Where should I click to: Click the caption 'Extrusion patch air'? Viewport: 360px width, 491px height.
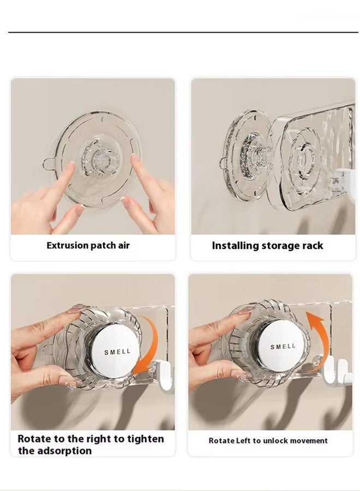coord(88,245)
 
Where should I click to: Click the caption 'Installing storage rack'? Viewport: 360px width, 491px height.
coord(267,245)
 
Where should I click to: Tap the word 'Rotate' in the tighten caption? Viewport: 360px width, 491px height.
coord(35,439)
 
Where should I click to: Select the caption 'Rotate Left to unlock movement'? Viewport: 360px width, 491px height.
coord(268,440)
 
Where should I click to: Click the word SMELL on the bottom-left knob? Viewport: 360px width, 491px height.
coord(117,352)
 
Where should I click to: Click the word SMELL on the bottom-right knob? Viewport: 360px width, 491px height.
coord(283,346)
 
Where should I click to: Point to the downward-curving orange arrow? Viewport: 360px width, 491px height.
coord(149,349)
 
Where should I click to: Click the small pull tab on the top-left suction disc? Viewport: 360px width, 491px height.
coord(49,163)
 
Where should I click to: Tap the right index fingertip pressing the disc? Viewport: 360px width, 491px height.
coord(133,160)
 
